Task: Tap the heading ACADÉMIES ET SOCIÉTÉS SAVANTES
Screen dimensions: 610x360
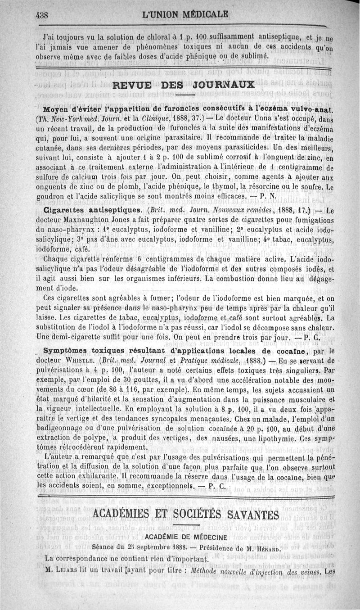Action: [185, 514]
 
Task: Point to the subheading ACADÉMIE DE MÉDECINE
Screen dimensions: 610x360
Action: [185, 537]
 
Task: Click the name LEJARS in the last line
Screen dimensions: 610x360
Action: [66, 572]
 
